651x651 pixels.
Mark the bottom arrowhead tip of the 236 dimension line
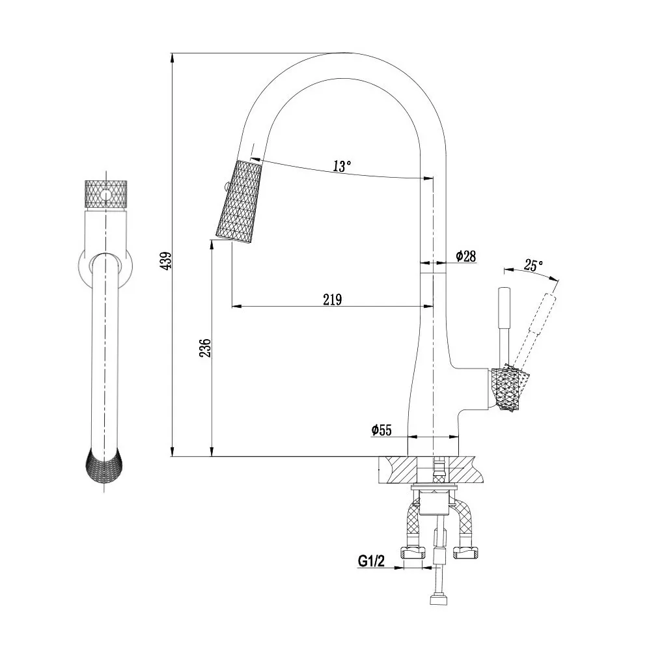pos(212,456)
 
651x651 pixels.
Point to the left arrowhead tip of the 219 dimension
pos(231,307)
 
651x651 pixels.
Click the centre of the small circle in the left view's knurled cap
pos(107,194)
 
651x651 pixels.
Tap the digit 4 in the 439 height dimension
pos(166,266)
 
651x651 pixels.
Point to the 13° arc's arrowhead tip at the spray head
pos(251,158)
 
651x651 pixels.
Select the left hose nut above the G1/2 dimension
pos(413,552)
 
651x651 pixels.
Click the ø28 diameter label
pos(466,256)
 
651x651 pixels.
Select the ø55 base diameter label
pos(381,430)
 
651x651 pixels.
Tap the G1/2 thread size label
pos(371,561)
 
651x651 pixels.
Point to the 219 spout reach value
pos(333,299)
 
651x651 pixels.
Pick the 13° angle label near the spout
pos(342,166)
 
